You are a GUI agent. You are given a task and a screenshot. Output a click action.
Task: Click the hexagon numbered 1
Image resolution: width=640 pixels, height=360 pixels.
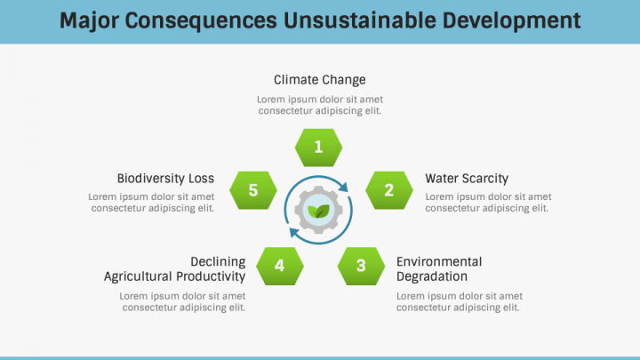(318, 148)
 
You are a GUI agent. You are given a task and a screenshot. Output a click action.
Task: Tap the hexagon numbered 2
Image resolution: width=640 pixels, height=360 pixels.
(389, 190)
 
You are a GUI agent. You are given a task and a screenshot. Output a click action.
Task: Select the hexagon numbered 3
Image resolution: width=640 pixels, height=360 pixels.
(361, 266)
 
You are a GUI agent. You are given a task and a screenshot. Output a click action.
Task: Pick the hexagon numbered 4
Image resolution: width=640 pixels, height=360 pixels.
(280, 266)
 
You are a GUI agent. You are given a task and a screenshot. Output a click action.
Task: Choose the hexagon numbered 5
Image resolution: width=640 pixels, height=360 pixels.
(253, 190)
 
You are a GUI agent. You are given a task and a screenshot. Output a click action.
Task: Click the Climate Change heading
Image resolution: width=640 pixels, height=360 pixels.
(320, 80)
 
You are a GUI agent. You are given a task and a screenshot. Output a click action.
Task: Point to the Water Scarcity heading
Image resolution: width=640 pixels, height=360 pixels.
(467, 179)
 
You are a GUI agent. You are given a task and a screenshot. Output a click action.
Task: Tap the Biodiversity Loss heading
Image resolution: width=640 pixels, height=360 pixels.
(165, 179)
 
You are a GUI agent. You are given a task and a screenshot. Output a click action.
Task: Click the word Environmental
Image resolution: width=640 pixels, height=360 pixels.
(439, 261)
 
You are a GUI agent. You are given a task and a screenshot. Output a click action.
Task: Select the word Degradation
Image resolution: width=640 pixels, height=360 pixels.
(432, 276)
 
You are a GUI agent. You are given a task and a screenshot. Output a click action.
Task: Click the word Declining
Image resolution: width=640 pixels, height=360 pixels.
(218, 262)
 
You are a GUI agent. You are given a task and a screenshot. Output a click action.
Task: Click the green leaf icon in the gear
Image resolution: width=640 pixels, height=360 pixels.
(318, 211)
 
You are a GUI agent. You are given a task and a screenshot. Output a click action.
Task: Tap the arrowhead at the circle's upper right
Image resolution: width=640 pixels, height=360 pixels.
(344, 187)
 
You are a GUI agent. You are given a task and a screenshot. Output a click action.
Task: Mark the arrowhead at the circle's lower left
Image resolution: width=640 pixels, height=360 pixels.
(294, 233)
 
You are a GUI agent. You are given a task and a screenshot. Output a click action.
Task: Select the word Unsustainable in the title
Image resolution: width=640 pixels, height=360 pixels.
(360, 20)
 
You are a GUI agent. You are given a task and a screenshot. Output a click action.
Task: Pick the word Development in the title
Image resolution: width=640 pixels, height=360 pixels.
(512, 21)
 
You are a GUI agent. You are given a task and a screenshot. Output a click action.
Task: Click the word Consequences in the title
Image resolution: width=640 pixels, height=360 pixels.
(201, 21)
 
